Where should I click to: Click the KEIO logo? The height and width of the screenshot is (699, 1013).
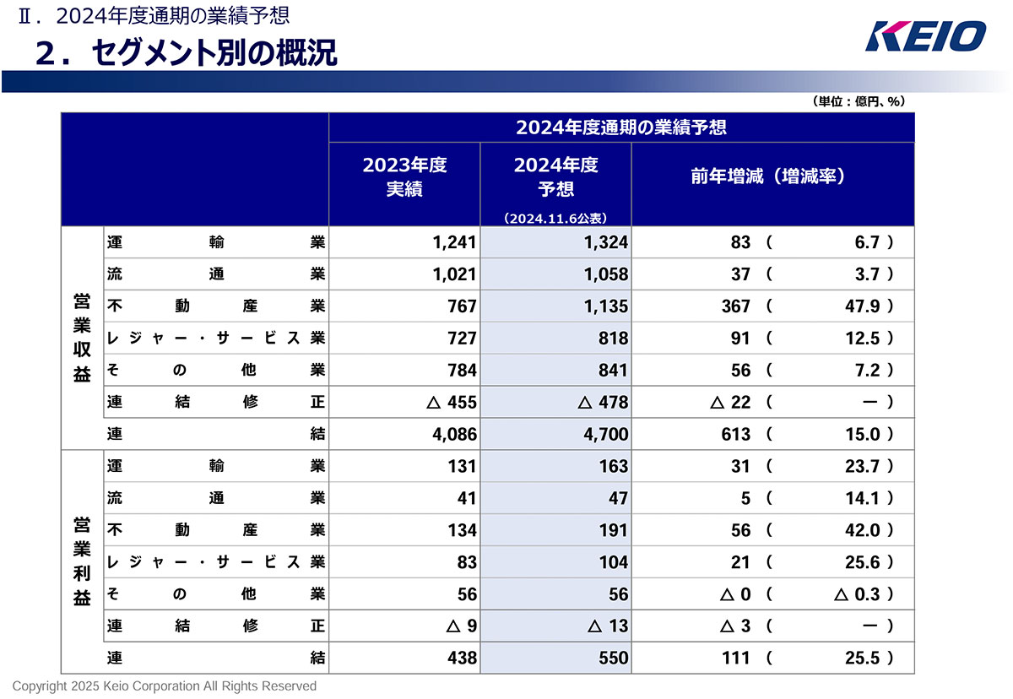click(x=925, y=35)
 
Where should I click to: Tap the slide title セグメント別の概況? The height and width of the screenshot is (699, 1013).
click(x=186, y=52)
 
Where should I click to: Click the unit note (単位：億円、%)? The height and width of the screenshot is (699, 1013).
click(x=859, y=101)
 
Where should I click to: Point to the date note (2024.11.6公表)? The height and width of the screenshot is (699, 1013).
click(x=555, y=218)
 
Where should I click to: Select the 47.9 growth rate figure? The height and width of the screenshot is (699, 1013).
click(x=863, y=306)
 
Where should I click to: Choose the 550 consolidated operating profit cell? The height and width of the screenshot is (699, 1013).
click(x=614, y=658)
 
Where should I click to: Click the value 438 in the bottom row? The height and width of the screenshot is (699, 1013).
click(x=462, y=658)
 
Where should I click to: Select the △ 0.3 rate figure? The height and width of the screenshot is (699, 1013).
click(x=856, y=594)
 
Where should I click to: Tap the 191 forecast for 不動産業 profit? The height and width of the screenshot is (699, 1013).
click(x=614, y=530)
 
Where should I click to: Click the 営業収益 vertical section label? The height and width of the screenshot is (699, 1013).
click(x=82, y=338)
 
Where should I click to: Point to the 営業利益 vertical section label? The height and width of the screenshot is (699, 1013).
click(x=82, y=561)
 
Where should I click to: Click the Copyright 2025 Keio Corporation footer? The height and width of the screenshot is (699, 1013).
click(x=165, y=686)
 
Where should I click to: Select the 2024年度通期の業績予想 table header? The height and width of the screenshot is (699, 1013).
click(x=621, y=128)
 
